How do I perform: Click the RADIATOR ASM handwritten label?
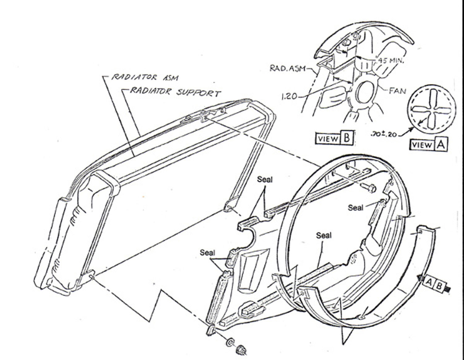[x=144, y=77]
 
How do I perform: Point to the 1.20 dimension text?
[x=289, y=97]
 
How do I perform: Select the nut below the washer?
[x=241, y=350]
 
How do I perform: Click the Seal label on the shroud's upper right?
[x=355, y=208]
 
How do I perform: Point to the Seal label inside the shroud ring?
[x=324, y=236]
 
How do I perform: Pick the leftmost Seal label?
[x=207, y=253]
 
